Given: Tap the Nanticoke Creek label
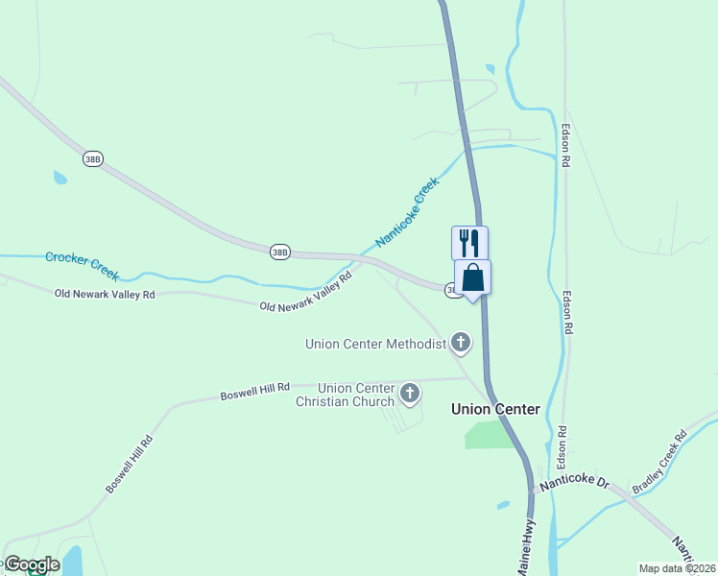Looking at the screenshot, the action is point(407,212).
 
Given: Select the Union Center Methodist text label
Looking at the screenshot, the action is point(376,344).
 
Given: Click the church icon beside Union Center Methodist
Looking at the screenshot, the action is point(461,342).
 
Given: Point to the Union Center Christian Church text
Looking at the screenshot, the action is point(345,395).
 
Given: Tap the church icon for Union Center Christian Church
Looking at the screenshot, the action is point(410,393).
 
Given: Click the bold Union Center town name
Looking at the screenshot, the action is point(495,409).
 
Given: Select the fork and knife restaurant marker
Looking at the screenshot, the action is point(469,242).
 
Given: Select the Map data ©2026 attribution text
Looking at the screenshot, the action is point(676,567).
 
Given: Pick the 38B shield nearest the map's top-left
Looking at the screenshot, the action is point(92,159).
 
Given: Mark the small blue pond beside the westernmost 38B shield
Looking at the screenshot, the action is point(60,178).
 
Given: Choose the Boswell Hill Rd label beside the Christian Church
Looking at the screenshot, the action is point(254,392).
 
